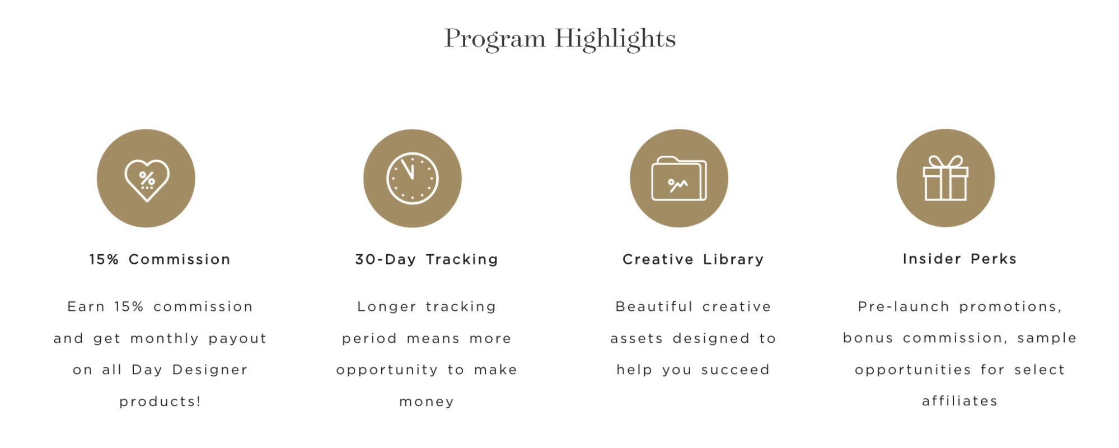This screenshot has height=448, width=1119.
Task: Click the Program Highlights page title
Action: coord(560,39)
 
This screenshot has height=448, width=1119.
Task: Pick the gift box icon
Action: coord(945,178)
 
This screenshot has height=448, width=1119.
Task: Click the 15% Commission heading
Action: coord(160,259)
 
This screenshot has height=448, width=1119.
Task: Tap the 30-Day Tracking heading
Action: coord(427,259)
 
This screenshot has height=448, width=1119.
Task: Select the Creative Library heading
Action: coord(693,259)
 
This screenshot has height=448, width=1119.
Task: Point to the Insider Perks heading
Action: coord(959,259)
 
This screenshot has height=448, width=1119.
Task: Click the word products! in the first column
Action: coord(160,402)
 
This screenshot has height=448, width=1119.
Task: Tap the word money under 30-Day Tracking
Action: coord(427,402)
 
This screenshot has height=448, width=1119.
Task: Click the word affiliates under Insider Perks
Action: coord(959,401)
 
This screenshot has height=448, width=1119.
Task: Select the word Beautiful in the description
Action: coord(654,306)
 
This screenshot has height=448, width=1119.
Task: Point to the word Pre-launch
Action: coord(903,306)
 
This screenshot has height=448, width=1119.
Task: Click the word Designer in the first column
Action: coord(210,370)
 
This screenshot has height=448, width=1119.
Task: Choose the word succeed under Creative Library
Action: coord(736,370)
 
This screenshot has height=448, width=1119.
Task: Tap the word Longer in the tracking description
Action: coord(387,307)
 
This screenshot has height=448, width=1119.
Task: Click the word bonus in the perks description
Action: coord(868,338)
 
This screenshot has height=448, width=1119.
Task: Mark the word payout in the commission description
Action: coord(237,339)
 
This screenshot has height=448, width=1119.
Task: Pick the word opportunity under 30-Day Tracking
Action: coord(387,370)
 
